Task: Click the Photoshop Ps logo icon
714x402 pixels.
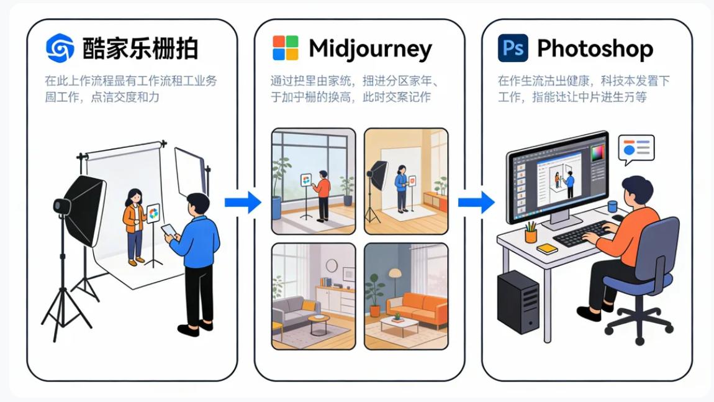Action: coord(513,48)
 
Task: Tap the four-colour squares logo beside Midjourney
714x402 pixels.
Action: coord(286,48)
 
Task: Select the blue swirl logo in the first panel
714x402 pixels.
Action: coord(60,48)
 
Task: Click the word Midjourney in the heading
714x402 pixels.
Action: coord(370,48)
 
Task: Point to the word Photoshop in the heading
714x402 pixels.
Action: coord(595,48)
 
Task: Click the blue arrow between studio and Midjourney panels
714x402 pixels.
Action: coord(243,202)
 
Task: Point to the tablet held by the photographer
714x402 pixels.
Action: coord(169,231)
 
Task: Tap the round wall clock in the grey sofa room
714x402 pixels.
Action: coord(331,265)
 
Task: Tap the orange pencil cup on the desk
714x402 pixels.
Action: coord(531,235)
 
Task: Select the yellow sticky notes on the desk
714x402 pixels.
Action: coord(547,248)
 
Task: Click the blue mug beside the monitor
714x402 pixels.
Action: coord(612,206)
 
